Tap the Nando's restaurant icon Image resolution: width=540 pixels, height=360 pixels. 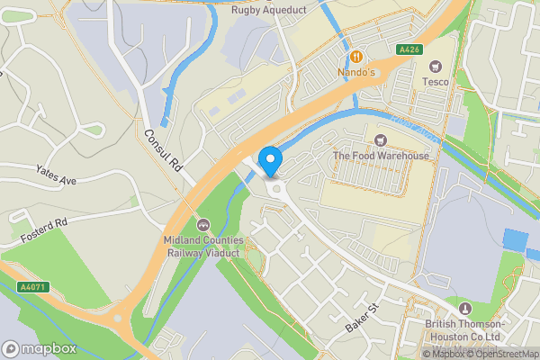(x=357, y=54)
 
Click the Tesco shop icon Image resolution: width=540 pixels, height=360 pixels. (x=436, y=66)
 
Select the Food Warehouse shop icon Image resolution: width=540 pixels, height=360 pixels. (x=381, y=140)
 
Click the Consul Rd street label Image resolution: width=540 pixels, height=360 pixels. (x=163, y=150)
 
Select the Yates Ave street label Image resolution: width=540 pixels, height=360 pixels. (x=56, y=175)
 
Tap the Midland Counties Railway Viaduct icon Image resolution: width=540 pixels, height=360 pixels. (x=203, y=225)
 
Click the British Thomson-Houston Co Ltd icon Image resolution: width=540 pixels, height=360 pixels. (x=464, y=309)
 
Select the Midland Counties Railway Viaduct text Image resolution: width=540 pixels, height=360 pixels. (x=203, y=247)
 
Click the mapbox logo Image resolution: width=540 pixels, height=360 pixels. (x=38, y=349)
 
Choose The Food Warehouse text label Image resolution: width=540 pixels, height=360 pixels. (x=381, y=156)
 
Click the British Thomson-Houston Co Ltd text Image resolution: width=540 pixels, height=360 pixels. (x=466, y=329)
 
